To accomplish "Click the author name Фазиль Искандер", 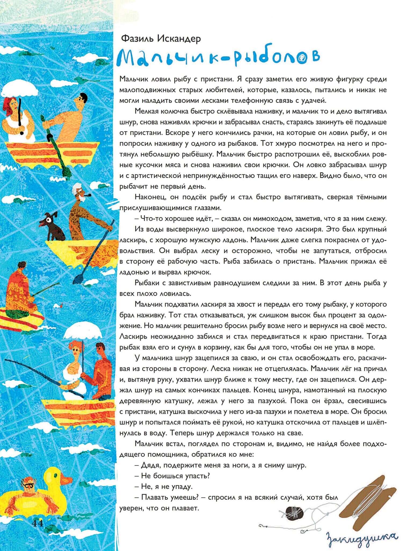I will [x=161, y=39].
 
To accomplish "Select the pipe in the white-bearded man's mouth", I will [x=88, y=195].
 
